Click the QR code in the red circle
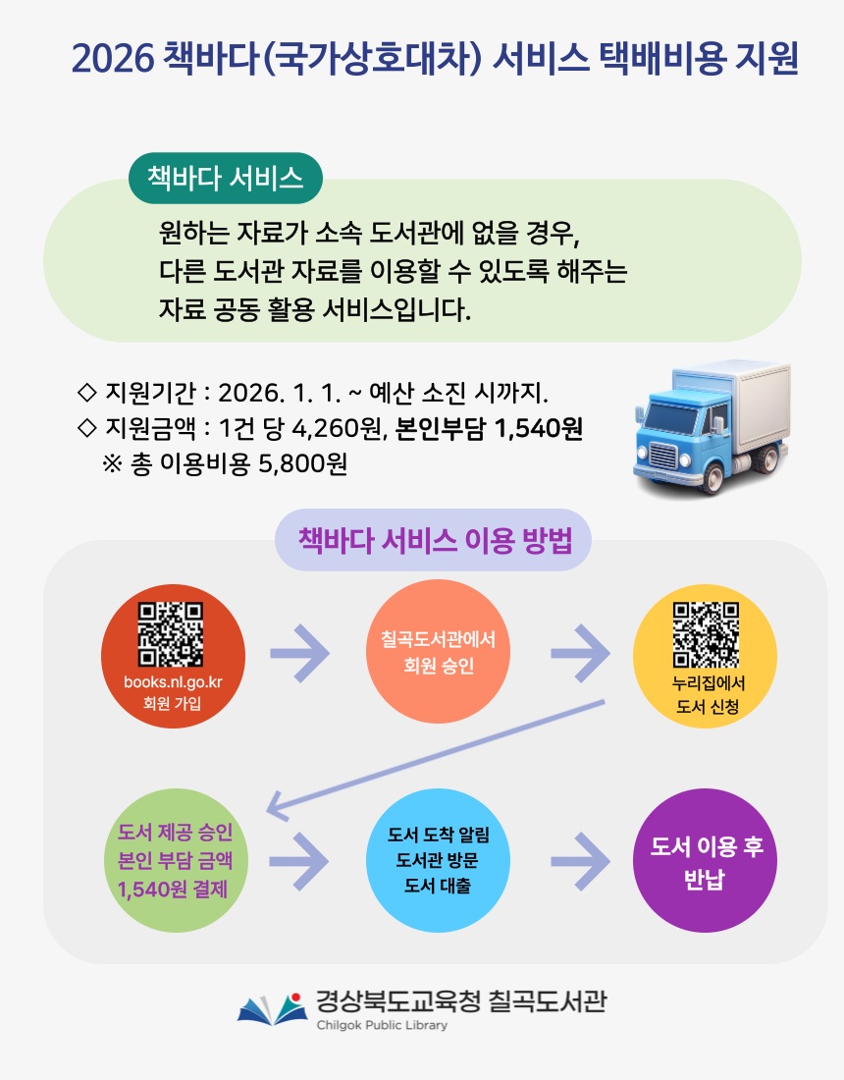click(x=171, y=634)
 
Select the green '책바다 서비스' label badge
click(x=226, y=178)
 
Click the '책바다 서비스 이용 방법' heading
click(x=433, y=540)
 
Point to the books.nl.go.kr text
click(x=173, y=682)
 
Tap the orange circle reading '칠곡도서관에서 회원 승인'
click(x=438, y=653)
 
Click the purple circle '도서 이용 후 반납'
click(x=706, y=861)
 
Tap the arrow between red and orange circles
click(x=298, y=653)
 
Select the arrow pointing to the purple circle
click(x=580, y=861)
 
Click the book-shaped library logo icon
click(x=266, y=1008)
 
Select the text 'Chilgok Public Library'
click(x=382, y=1026)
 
